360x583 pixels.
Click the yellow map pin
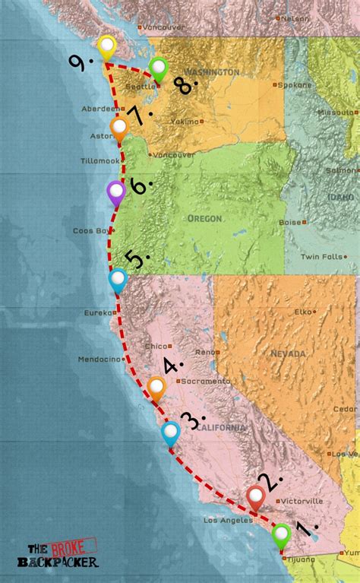107,48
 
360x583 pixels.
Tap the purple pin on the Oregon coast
116,193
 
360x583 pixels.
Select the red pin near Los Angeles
256,498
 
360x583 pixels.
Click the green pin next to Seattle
158,68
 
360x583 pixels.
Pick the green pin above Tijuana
282,535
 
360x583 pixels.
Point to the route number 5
136,259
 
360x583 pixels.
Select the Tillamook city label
100,161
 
